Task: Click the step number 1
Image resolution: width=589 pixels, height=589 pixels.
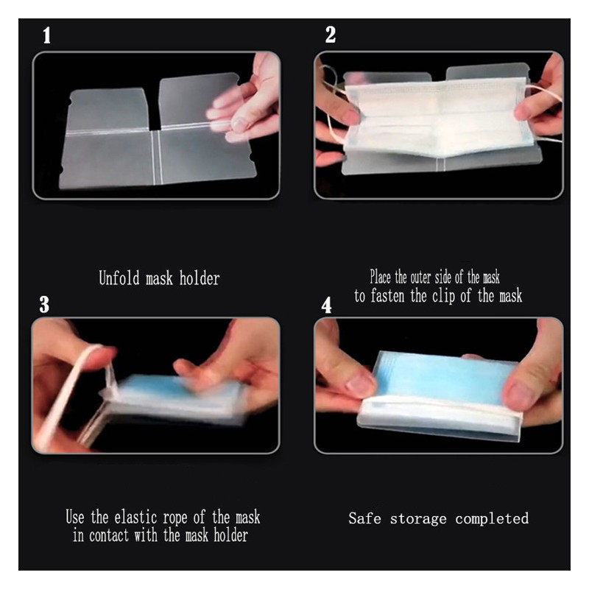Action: [46, 35]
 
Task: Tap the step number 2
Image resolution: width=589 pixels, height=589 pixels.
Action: [330, 35]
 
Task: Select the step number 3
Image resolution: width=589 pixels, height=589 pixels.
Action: [44, 304]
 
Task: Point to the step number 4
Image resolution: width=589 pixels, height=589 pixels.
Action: [326, 305]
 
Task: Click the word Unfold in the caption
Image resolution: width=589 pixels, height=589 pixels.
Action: [119, 278]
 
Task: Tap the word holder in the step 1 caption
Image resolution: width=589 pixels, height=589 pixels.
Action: [200, 278]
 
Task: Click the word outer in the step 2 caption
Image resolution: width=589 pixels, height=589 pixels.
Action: [420, 278]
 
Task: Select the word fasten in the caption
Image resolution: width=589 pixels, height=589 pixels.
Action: [389, 296]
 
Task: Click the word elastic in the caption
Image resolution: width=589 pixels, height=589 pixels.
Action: [135, 518]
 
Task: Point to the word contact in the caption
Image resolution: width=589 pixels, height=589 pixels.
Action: [109, 536]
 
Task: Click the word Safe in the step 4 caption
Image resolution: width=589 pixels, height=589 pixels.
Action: [364, 518]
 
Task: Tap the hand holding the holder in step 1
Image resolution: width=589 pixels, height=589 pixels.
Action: [244, 99]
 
